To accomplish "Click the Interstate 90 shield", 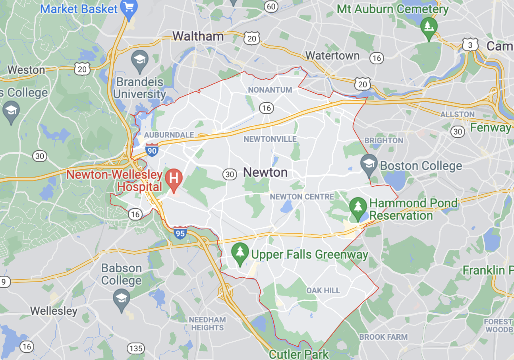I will click(152, 149).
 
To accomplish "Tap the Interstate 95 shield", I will click(180, 232).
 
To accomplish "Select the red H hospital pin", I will click(174, 178).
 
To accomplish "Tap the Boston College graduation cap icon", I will click(369, 164).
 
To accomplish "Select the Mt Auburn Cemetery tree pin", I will click(429, 26).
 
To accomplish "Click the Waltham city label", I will click(198, 36).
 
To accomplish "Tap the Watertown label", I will click(332, 56).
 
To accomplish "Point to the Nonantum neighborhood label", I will click(270, 90).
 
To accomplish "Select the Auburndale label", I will click(169, 135).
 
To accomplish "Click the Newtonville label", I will click(270, 139).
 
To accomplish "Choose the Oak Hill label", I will click(323, 290).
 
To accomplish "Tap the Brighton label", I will click(384, 140).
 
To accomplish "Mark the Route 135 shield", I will click(136, 348).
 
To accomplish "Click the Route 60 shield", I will click(271, 6).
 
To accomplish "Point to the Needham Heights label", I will click(207, 324).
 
